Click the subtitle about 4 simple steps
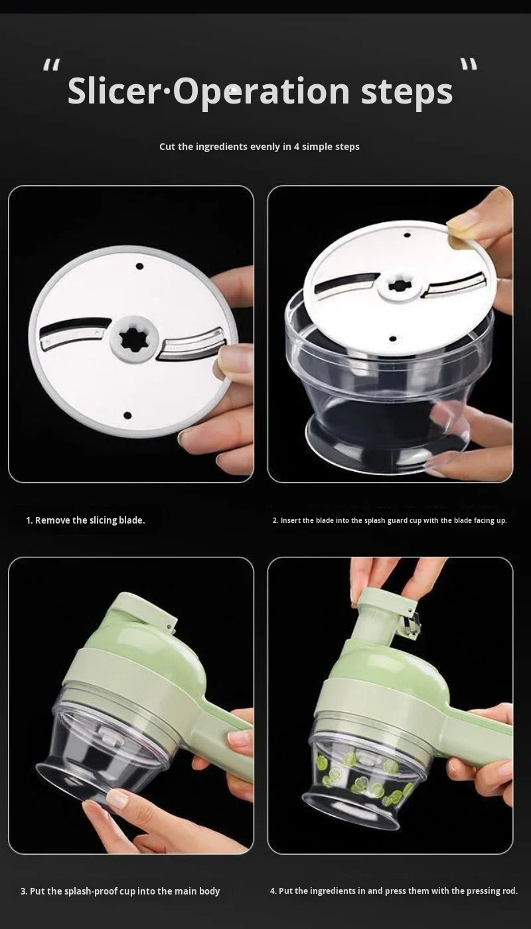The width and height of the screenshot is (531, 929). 260,147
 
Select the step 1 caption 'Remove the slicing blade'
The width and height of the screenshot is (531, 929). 86,520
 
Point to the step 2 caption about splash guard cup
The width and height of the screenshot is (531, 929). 390,520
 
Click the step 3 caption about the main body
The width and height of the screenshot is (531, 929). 120,891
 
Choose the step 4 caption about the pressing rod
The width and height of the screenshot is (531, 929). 394,891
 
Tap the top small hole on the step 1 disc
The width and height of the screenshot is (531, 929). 139,266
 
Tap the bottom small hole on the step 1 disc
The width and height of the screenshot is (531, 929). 127,415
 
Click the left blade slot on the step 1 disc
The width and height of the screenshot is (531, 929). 75,330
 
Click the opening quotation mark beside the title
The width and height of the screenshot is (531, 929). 52,65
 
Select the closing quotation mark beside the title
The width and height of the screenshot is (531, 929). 469,64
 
